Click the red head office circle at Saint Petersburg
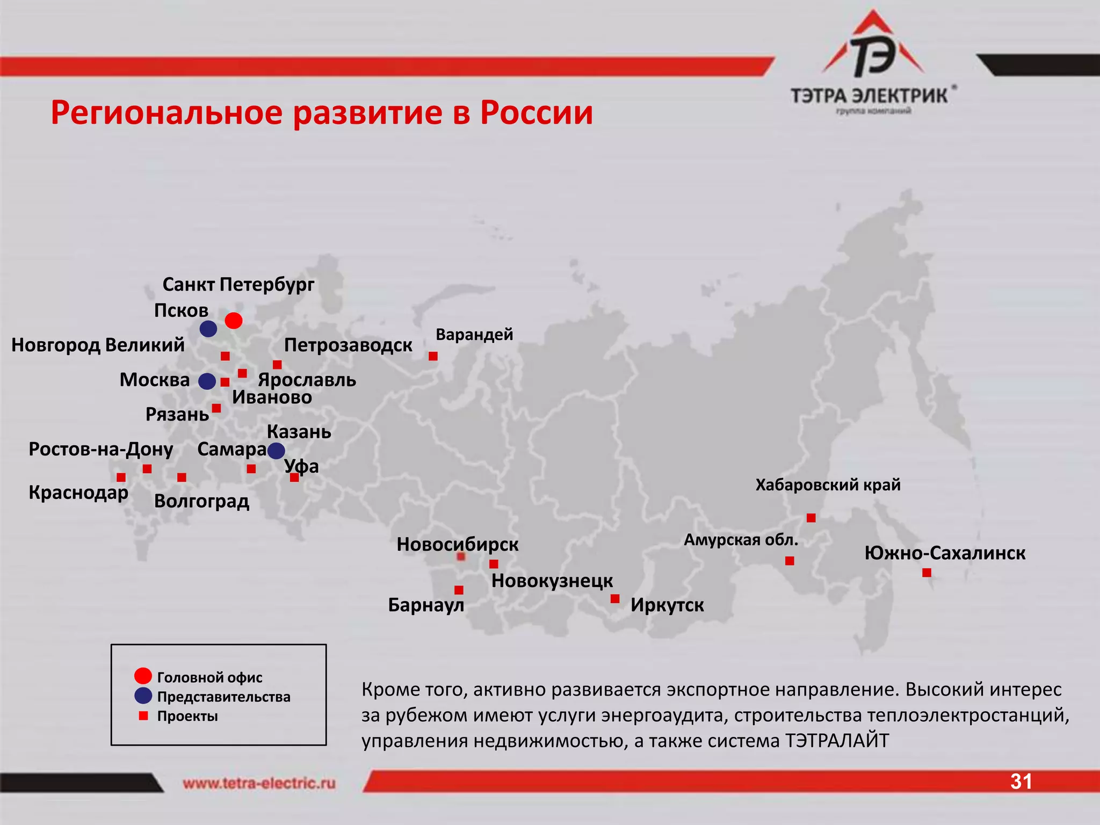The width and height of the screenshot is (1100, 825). click(x=233, y=321)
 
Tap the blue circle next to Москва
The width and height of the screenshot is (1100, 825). click(x=207, y=381)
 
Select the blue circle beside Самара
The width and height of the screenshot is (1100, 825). click(x=276, y=451)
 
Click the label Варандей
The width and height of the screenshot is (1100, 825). click(x=474, y=334)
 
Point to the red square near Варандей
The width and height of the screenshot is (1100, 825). click(x=433, y=356)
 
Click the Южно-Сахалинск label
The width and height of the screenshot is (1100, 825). click(x=945, y=553)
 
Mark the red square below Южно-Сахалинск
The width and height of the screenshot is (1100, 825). click(x=927, y=573)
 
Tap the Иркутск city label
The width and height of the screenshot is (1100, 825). click(x=667, y=605)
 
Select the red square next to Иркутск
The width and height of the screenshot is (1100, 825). click(x=615, y=598)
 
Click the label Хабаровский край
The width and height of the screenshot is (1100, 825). click(x=828, y=485)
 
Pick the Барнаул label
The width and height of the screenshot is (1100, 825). click(x=426, y=605)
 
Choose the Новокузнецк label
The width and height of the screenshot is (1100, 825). click(x=552, y=581)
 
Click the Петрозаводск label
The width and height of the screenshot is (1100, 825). click(x=348, y=345)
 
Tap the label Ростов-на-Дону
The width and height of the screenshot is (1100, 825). click(x=101, y=449)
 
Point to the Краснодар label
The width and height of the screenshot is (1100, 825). click(x=78, y=493)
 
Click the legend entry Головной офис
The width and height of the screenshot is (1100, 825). click(x=209, y=677)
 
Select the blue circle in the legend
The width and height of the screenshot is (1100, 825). click(x=143, y=696)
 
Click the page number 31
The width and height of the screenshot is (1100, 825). click(x=1021, y=781)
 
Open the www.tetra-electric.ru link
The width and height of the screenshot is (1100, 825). click(x=259, y=783)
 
